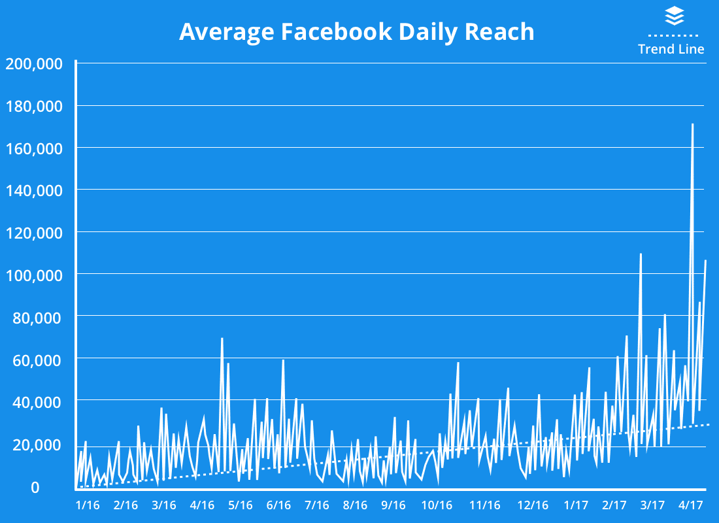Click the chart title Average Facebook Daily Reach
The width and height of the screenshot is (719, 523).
click(x=356, y=31)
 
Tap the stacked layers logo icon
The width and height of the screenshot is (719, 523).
click(x=674, y=16)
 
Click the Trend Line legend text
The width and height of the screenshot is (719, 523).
click(x=671, y=49)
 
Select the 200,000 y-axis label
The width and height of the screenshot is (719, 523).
click(x=33, y=63)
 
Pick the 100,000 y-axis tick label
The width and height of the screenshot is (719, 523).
click(x=33, y=275)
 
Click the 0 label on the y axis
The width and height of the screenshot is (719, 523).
click(x=35, y=487)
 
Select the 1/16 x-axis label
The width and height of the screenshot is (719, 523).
click(x=88, y=505)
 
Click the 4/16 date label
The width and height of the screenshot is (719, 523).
click(x=202, y=505)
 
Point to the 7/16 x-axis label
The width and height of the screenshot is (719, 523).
click(x=316, y=505)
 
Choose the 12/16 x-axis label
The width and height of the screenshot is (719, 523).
click(x=533, y=505)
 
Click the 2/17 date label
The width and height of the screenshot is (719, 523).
click(x=614, y=505)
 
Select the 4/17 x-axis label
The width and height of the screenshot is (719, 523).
click(x=690, y=505)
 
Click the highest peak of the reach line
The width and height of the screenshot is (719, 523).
click(x=692, y=124)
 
